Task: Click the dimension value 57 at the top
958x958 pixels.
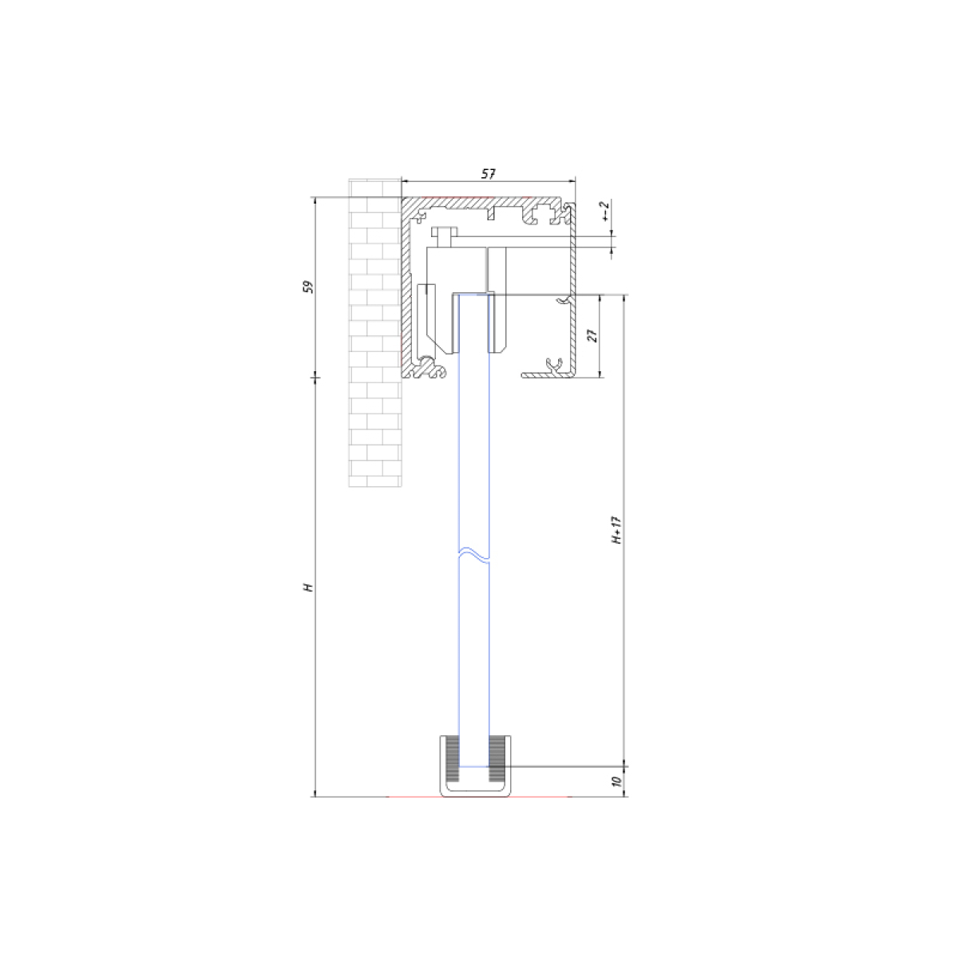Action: tap(489, 173)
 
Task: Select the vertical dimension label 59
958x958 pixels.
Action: tap(309, 287)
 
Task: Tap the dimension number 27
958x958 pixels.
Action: tap(592, 336)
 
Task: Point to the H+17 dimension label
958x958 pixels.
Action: tap(616, 530)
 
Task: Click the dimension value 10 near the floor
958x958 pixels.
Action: tap(617, 781)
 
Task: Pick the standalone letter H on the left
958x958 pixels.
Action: tap(309, 588)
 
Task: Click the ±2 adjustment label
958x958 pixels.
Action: tap(604, 210)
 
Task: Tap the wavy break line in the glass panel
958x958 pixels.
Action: tap(473, 556)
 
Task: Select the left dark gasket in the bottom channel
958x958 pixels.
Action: tap(453, 764)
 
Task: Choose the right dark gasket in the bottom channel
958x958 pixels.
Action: tap(495, 764)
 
